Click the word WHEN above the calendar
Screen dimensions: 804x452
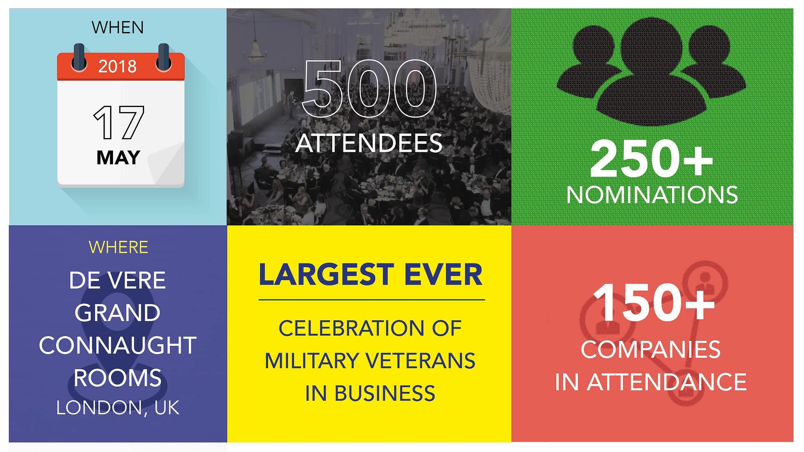tap(118, 28)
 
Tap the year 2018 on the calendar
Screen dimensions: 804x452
tap(117, 66)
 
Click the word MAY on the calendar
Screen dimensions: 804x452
tap(118, 158)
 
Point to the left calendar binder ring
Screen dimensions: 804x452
tap(79, 57)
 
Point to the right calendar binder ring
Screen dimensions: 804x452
tap(163, 57)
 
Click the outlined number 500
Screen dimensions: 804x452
tap(369, 89)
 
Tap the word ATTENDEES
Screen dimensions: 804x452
tap(369, 143)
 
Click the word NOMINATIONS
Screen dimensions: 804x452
tap(652, 195)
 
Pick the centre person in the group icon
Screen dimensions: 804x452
tap(651, 71)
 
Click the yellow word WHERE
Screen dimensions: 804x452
tap(119, 247)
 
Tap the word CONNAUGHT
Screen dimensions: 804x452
tap(118, 345)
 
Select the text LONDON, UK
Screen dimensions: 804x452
tap(118, 408)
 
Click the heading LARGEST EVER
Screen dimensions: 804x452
tap(371, 275)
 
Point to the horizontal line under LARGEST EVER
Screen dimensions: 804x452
tap(372, 300)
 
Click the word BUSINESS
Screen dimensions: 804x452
tap(384, 393)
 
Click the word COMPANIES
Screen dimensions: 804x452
tap(651, 350)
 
